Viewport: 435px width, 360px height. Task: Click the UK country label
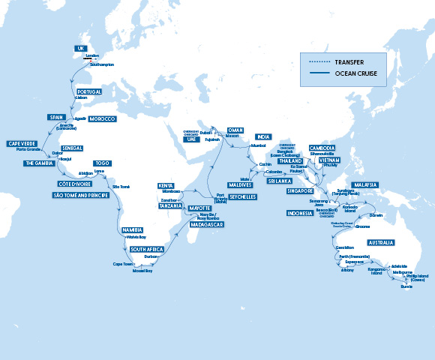[x=82, y=48]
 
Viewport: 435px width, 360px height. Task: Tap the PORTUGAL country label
[x=89, y=91]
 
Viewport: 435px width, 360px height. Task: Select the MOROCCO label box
[x=102, y=119]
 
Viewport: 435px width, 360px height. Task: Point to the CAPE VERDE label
[x=22, y=143]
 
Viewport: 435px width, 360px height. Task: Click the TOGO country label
[x=102, y=163]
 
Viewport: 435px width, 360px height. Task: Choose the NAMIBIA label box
[x=132, y=229]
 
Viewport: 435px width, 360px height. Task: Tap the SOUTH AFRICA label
[x=147, y=249]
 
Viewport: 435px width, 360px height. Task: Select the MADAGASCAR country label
[x=206, y=224]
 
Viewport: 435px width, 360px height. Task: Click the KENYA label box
[x=166, y=185]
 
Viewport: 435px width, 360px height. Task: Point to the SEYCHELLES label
[x=241, y=196]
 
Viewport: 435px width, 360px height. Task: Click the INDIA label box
[x=262, y=137]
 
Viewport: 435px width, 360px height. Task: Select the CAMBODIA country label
[x=322, y=148]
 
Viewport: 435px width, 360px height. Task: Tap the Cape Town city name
[x=122, y=264]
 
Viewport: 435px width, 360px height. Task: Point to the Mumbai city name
[x=259, y=145]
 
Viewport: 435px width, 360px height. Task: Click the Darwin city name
[x=376, y=215]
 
